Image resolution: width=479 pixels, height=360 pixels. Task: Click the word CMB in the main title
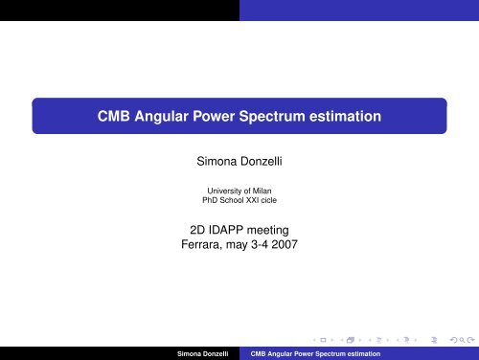119,118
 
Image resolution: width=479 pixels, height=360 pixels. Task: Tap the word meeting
276,230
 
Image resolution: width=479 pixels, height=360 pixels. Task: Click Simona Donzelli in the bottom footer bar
204,354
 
